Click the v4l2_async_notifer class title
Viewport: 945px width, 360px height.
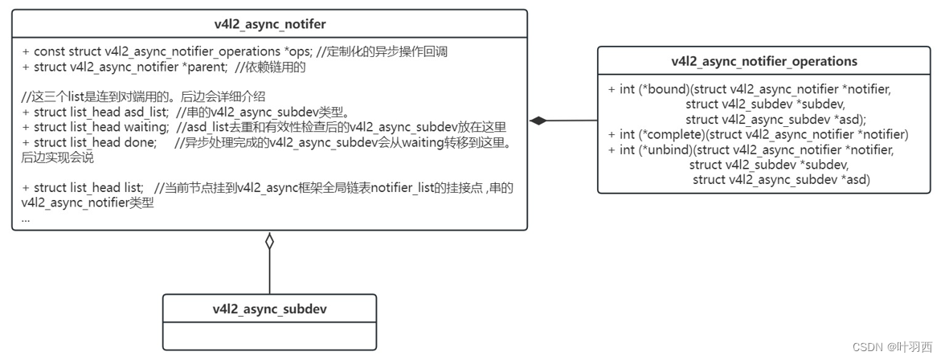[269, 24]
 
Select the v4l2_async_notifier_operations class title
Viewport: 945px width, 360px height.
[764, 61]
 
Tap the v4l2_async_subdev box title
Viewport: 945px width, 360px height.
[269, 309]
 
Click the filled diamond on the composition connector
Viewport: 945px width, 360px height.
[538, 121]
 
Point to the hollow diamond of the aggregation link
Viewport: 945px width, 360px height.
[269, 240]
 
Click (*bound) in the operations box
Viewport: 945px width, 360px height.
[662, 88]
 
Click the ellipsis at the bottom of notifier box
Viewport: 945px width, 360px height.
[27, 218]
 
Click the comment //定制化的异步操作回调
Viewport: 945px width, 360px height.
[382, 51]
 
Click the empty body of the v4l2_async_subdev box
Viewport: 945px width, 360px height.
[269, 336]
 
